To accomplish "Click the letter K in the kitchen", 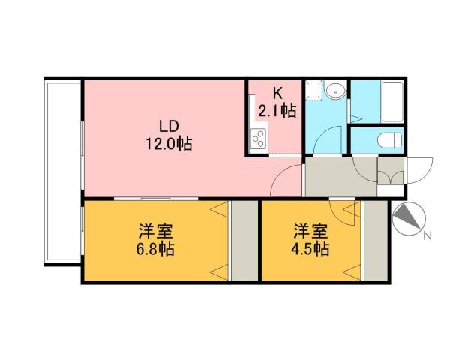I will pos(277,94).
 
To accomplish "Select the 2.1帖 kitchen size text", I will pos(277,112).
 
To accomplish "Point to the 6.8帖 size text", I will pos(156,249).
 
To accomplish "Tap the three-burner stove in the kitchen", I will pos(258,140).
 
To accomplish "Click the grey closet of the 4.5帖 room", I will pos(373,240).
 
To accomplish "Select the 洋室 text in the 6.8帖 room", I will pos(156,230).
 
